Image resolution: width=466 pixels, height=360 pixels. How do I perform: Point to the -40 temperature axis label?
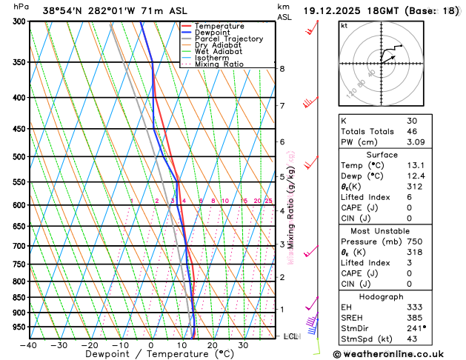(29, 345)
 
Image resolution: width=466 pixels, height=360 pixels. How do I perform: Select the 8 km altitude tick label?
(282, 69)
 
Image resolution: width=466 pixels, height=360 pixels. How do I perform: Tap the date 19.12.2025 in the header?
(338, 11)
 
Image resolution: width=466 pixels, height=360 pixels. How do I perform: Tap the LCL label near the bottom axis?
(290, 336)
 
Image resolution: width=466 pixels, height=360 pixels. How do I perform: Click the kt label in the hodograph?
(344, 26)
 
